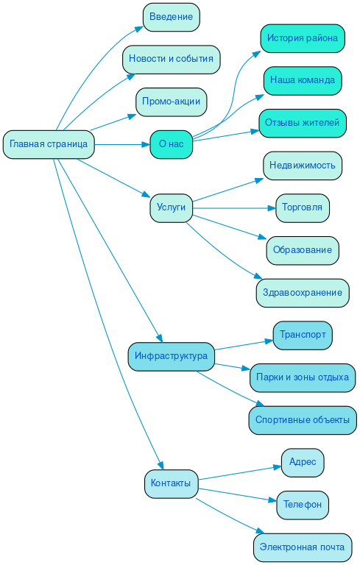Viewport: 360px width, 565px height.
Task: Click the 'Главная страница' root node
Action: tap(49, 144)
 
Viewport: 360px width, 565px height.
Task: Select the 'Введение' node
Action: tap(171, 17)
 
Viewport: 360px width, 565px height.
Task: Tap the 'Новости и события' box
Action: tap(171, 59)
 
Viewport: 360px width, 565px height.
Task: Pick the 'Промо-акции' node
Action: tap(171, 102)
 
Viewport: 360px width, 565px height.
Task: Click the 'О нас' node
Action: tap(171, 144)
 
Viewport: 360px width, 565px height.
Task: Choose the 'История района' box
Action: tap(302, 38)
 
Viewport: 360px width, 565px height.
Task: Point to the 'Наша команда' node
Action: tap(302, 80)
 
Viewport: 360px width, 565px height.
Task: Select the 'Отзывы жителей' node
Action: tap(302, 123)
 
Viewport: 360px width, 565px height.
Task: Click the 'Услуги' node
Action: tap(171, 208)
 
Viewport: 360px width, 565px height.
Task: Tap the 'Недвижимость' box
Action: tap(302, 166)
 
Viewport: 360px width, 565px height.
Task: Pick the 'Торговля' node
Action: tap(302, 208)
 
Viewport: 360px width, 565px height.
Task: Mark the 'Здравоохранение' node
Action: tap(302, 293)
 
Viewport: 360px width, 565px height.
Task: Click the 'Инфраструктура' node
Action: tap(171, 356)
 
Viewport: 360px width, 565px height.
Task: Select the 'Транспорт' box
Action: tap(302, 335)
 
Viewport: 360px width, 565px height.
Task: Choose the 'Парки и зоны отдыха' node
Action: tap(302, 377)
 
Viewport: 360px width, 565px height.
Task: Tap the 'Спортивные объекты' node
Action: tap(302, 420)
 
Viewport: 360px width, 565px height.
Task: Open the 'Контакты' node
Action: tap(171, 483)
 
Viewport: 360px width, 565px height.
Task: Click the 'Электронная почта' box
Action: tap(302, 547)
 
